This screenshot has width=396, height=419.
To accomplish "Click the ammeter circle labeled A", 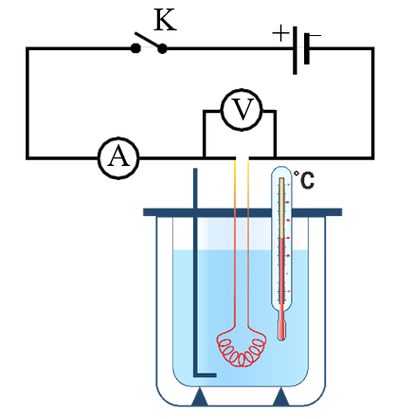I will coord(118,157).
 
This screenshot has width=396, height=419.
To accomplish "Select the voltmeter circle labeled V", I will coord(241,112).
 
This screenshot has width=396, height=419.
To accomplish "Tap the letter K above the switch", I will coord(165,20).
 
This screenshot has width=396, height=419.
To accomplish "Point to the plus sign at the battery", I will coord(280,33).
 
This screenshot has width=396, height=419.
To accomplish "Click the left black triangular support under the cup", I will coord(201,395).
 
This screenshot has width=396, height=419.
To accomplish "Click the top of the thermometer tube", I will coord(282,172).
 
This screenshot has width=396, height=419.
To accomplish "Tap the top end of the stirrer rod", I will coord(195,172).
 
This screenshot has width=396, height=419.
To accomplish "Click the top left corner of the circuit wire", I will coord(27,49).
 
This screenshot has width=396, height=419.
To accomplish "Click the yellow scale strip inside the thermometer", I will coord(281,218).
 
